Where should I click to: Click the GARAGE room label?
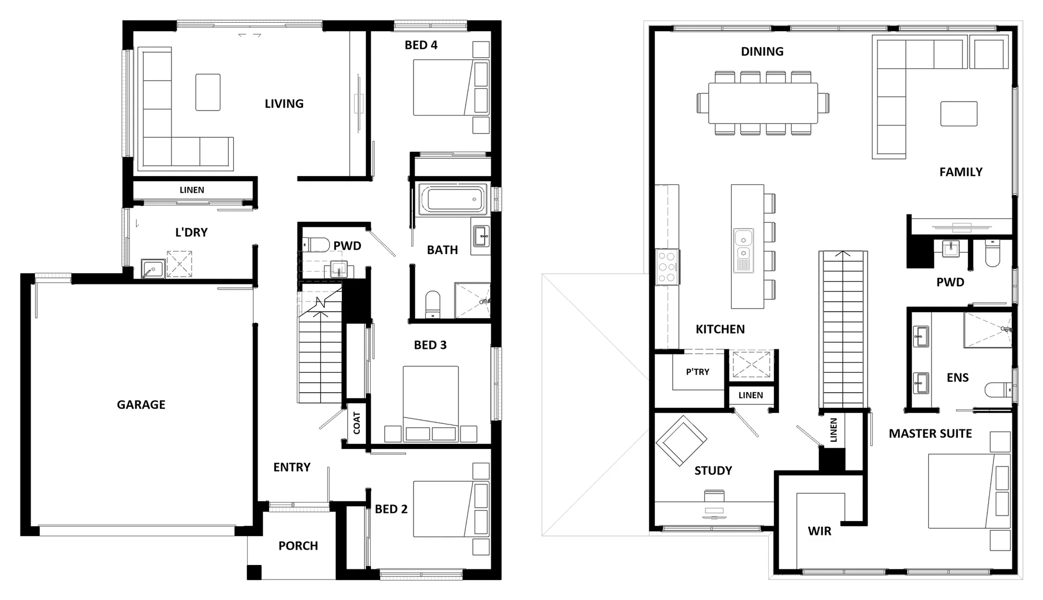click(141, 404)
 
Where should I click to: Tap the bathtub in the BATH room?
click(452, 199)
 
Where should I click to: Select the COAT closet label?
click(356, 423)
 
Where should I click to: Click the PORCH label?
click(298, 546)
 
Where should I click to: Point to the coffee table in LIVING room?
click(208, 92)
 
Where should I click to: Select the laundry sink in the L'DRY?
click(152, 268)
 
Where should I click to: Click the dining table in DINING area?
click(763, 103)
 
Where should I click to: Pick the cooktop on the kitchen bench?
click(667, 267)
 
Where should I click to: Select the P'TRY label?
click(697, 372)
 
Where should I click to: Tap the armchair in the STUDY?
click(681, 441)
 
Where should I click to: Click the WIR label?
click(819, 531)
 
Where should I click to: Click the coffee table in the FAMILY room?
click(959, 113)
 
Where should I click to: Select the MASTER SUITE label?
click(930, 433)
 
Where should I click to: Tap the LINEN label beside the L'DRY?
click(192, 190)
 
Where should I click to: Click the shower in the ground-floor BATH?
click(472, 300)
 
